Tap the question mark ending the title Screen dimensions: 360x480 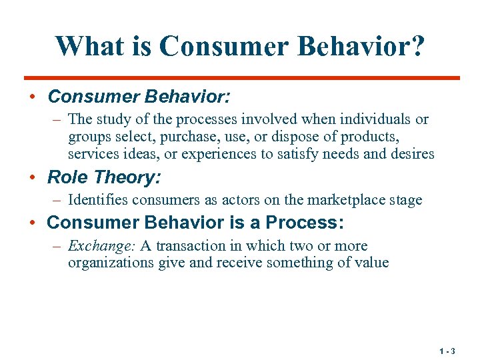[416, 46]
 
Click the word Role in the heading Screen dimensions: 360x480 [68, 177]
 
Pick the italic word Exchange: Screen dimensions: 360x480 [102, 245]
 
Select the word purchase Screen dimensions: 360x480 [179, 137]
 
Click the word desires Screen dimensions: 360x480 [413, 154]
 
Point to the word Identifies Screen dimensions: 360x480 [96, 200]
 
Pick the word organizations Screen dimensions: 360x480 [111, 263]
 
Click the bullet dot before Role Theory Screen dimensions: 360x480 [32, 178]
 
